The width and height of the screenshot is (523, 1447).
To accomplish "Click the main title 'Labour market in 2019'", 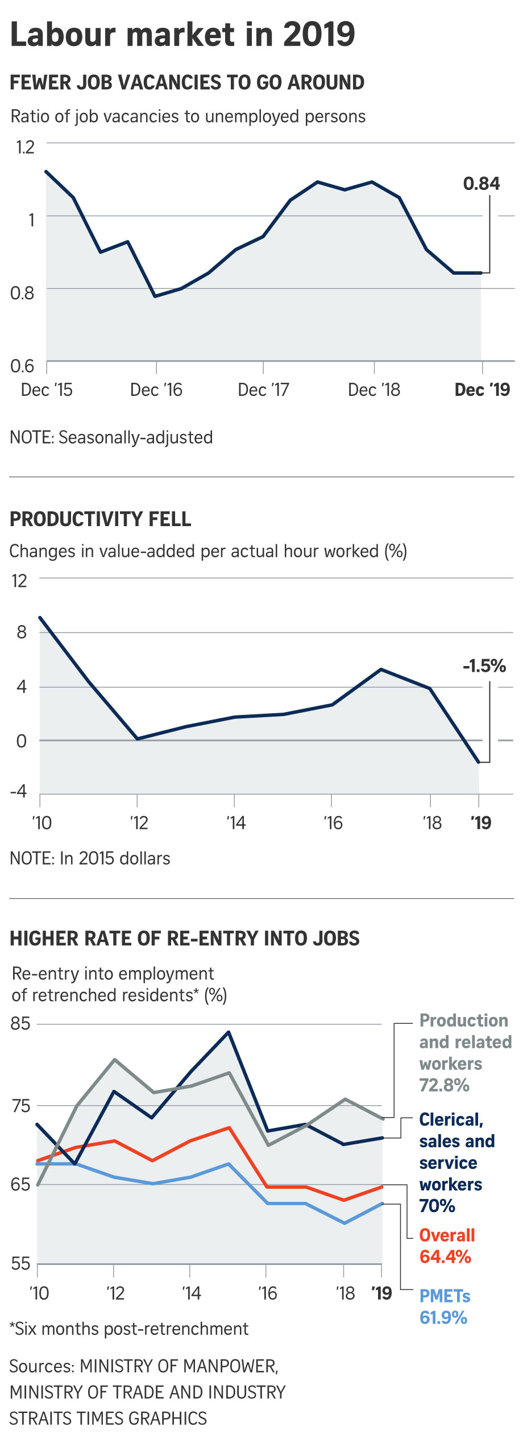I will point(182,35).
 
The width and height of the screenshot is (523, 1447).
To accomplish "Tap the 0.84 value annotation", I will point(481,184).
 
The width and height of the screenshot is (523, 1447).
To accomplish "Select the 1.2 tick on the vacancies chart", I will point(25,147).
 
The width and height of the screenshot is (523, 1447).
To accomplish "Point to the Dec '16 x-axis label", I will point(156,390).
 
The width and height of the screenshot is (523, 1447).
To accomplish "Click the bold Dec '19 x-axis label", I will point(482,390).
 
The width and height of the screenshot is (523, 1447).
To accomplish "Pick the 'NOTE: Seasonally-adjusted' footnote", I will point(111,437).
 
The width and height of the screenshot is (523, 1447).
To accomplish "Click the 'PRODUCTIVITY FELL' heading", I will point(101,519).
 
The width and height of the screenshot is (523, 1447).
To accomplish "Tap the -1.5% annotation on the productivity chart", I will point(484,665).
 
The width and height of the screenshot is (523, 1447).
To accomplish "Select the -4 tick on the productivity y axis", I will point(19,791).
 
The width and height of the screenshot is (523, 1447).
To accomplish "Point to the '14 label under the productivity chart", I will point(235,822).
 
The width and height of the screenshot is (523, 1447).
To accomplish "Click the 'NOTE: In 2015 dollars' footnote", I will point(90,858).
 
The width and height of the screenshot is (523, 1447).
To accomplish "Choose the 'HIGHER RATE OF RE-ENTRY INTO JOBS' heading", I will point(185,939).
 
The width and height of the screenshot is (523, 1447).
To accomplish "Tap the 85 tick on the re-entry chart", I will point(20,1023).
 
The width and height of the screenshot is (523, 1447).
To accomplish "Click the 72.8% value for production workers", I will point(444,1085).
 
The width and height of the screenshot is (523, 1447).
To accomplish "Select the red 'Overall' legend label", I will point(447,1235).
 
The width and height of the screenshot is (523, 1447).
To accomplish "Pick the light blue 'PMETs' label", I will point(445,1296).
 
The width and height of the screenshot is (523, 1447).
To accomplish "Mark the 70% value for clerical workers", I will point(437,1206).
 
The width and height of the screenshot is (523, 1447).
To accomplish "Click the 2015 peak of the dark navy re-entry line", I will point(229,1032).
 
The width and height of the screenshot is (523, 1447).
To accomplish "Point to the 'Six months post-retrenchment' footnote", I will point(129,1329).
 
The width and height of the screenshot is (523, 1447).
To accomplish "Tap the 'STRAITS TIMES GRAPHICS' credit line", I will point(108,1419).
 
